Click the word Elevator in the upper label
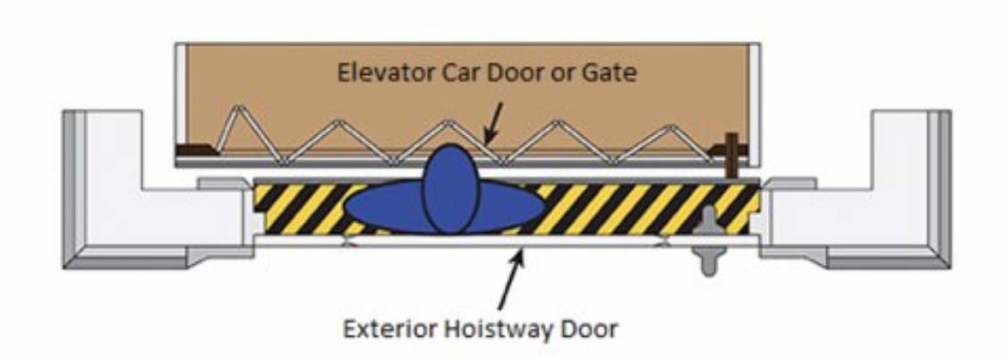click(374, 73)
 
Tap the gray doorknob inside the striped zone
click(710, 220)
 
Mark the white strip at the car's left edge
click(181, 99)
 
